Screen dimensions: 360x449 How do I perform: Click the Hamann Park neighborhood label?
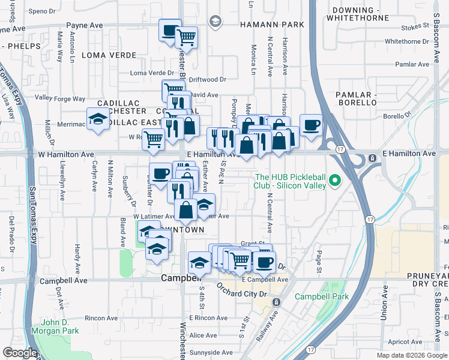(272, 25)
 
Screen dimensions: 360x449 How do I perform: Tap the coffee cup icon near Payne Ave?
(169, 30)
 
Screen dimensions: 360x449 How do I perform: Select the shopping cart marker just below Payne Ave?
(187, 37)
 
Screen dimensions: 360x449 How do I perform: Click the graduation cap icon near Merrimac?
(98, 119)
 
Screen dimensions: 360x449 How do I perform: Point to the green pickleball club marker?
(336, 181)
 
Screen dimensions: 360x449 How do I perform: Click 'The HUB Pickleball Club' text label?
(291, 181)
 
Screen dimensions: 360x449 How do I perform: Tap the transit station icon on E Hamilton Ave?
(372, 158)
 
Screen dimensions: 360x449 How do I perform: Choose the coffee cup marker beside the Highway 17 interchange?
(310, 125)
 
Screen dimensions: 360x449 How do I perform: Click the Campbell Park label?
(321, 296)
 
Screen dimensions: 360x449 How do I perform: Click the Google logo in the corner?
(20, 353)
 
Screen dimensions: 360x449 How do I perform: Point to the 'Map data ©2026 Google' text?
(411, 355)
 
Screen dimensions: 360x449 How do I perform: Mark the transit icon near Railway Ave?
(276, 301)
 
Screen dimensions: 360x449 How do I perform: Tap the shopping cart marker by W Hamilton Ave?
(153, 139)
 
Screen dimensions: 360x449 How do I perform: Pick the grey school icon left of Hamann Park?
(214, 22)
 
